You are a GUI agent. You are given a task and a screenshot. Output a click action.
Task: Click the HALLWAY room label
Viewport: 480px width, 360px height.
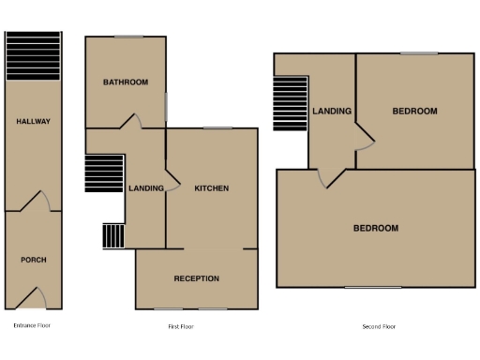coord(33,121)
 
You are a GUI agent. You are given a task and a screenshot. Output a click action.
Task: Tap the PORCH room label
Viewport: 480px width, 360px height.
coord(33,260)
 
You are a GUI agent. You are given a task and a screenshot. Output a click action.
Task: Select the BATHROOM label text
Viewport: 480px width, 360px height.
coord(126,82)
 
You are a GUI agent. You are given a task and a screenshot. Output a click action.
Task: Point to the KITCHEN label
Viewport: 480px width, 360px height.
coord(211,188)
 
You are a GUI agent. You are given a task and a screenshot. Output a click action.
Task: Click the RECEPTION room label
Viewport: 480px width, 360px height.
coord(197,278)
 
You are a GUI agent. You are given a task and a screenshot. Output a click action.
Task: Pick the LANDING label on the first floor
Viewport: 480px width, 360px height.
coord(145,188)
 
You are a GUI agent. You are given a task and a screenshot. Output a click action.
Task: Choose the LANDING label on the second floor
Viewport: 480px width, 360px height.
coord(332,112)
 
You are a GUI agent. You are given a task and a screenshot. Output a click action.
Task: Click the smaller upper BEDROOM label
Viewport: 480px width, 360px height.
coord(414,112)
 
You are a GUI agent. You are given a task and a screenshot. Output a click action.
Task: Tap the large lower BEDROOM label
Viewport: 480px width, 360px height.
coord(375,229)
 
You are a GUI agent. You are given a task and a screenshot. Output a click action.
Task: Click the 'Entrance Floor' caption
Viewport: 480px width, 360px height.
coord(32,326)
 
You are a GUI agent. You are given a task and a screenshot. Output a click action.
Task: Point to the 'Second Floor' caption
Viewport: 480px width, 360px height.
coord(379,326)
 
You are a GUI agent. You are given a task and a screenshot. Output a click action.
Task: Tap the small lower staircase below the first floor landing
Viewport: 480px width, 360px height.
coord(113,234)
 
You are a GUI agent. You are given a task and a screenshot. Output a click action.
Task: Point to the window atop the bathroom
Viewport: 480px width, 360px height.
coord(128,37)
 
